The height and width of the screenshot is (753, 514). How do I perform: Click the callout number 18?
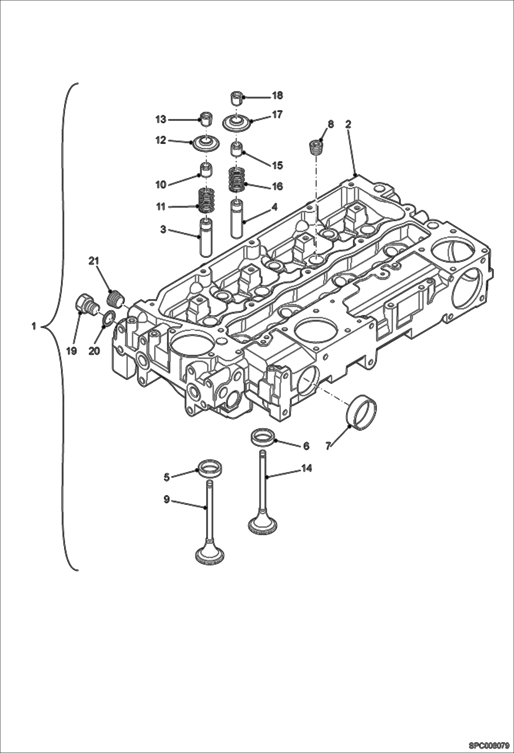click(x=277, y=96)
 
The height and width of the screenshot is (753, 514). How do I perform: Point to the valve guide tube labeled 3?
click(x=206, y=238)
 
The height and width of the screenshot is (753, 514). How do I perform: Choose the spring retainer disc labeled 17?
click(x=236, y=123)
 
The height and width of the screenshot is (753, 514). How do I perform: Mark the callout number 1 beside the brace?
click(x=34, y=326)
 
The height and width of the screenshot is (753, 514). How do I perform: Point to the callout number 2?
click(x=348, y=125)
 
